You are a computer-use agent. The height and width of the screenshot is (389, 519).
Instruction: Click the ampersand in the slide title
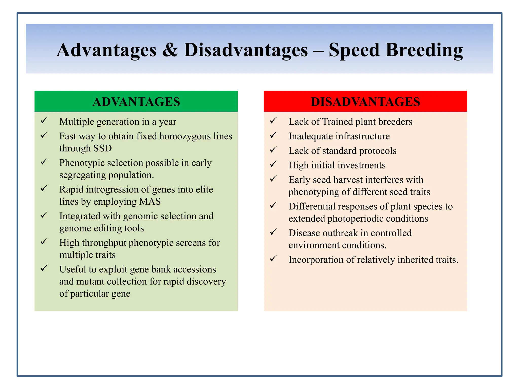pyautogui.click(x=170, y=50)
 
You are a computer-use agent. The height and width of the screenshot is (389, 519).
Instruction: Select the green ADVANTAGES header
pyautogui.click(x=136, y=102)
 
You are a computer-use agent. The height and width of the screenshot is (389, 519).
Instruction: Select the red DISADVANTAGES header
pyautogui.click(x=365, y=102)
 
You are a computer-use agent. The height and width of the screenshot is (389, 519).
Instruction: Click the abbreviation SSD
pyautogui.click(x=102, y=148)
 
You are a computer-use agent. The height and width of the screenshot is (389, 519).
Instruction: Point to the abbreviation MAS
pyautogui.click(x=150, y=202)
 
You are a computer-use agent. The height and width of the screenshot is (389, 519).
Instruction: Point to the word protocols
pyautogui.click(x=378, y=151)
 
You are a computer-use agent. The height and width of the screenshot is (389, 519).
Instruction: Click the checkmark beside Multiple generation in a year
pyautogui.click(x=44, y=121)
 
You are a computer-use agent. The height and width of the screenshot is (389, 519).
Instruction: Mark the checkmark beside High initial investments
pyautogui.click(x=273, y=164)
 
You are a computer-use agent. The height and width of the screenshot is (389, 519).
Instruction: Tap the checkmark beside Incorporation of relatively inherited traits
pyautogui.click(x=273, y=259)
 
